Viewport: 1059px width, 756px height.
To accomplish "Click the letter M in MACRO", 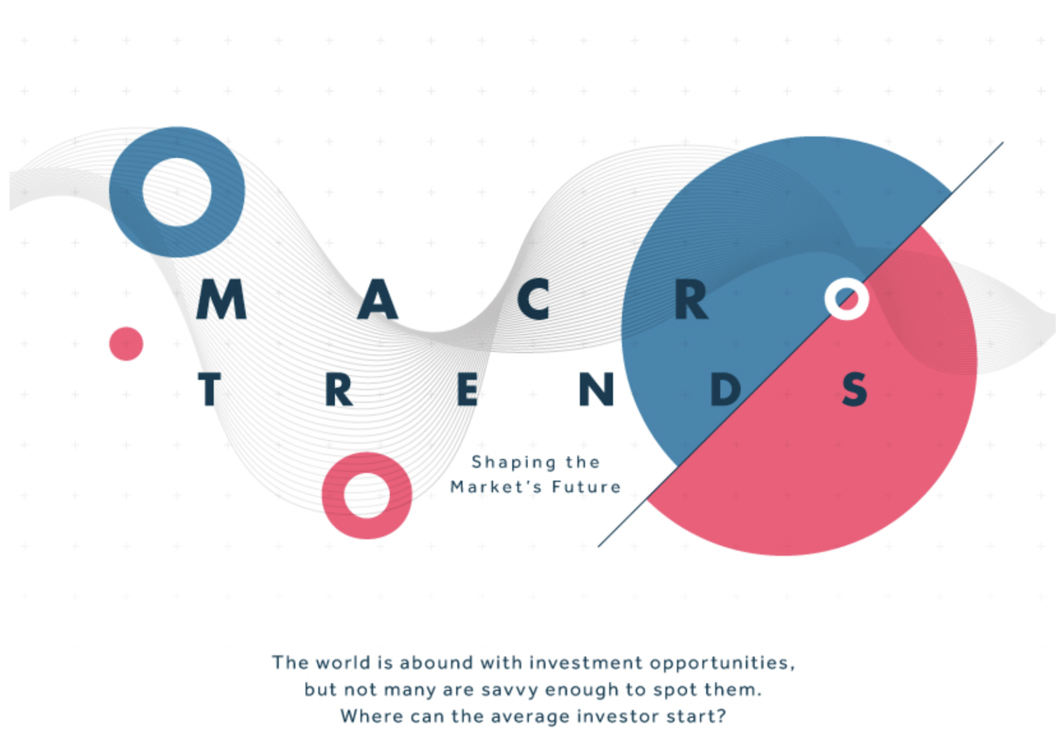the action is pyautogui.click(x=221, y=299).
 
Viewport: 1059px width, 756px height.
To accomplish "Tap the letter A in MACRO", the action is pyautogui.click(x=377, y=299).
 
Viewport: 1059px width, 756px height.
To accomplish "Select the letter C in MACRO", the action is pyautogui.click(x=533, y=299).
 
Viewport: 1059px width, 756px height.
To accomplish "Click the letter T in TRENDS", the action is pyautogui.click(x=208, y=389).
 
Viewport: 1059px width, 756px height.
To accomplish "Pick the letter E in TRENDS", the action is pyautogui.click(x=467, y=389).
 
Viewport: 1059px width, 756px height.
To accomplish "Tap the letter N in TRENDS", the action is pyautogui.click(x=596, y=389).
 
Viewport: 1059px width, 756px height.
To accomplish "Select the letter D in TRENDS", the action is pyautogui.click(x=725, y=389).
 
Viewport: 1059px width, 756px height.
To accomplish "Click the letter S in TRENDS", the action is pyautogui.click(x=854, y=389).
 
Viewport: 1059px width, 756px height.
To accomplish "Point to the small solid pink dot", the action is pyautogui.click(x=126, y=343).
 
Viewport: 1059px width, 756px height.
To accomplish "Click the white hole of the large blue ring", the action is pyautogui.click(x=177, y=192).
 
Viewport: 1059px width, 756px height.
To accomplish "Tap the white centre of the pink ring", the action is pyautogui.click(x=367, y=495).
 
